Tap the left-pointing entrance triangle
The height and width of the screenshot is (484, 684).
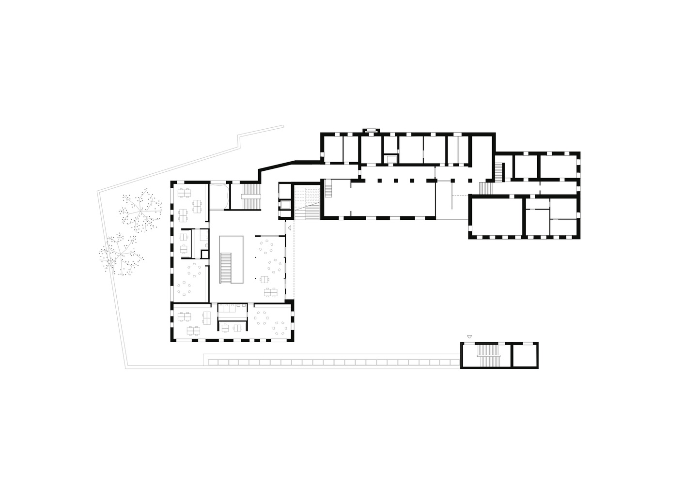pyautogui.click(x=289, y=227)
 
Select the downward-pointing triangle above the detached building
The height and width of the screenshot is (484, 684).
pyautogui.click(x=469, y=336)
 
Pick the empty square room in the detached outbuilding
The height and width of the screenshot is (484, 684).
pyautogui.click(x=525, y=355)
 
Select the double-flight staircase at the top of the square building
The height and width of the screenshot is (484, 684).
pyautogui.click(x=251, y=196)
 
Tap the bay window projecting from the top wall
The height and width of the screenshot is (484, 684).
pyautogui.click(x=371, y=130)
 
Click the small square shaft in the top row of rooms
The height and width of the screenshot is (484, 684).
pyautogui.click(x=390, y=158)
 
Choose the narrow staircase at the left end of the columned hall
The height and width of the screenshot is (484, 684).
pyautogui.click(x=328, y=188)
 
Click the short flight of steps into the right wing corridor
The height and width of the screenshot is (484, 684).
pyautogui.click(x=484, y=188)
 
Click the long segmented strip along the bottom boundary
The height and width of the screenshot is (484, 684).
pyautogui.click(x=332, y=362)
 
